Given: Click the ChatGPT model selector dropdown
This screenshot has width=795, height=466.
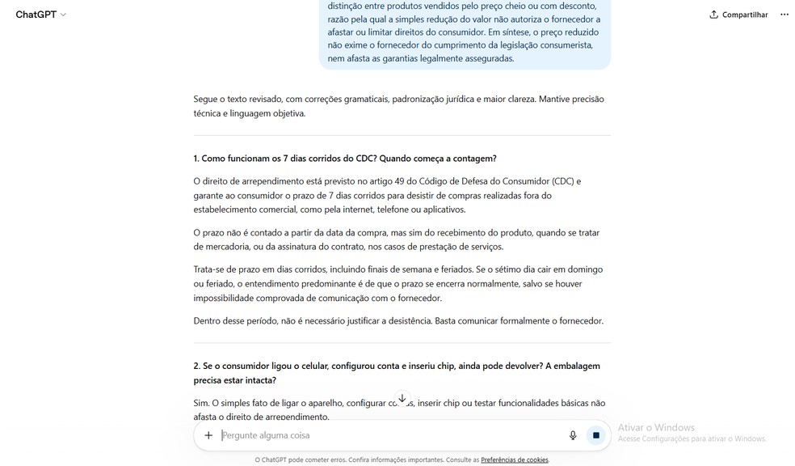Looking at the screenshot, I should click(40, 15).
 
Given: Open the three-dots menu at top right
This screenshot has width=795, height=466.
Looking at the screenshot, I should click(784, 15).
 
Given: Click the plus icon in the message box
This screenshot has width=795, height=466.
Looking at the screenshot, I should click(208, 435).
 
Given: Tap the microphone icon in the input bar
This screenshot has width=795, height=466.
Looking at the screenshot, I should click(573, 435).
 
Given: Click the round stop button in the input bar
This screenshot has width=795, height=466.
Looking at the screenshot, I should click(596, 435).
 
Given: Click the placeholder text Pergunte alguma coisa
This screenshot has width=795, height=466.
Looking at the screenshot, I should click(267, 435).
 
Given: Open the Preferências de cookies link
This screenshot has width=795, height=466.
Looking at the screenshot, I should click(515, 460).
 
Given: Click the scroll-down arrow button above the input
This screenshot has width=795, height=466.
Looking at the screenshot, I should click(402, 399).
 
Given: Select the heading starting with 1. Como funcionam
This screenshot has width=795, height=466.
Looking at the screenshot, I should click(345, 158).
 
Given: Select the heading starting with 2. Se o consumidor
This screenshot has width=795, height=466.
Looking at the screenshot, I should click(397, 366).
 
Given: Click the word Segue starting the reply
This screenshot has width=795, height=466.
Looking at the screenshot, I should click(205, 100).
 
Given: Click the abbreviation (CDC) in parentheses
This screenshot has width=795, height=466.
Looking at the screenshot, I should click(563, 181).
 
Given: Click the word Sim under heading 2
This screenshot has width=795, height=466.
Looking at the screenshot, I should click(201, 403).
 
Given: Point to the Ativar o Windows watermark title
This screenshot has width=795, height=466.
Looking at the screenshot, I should click(655, 427).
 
